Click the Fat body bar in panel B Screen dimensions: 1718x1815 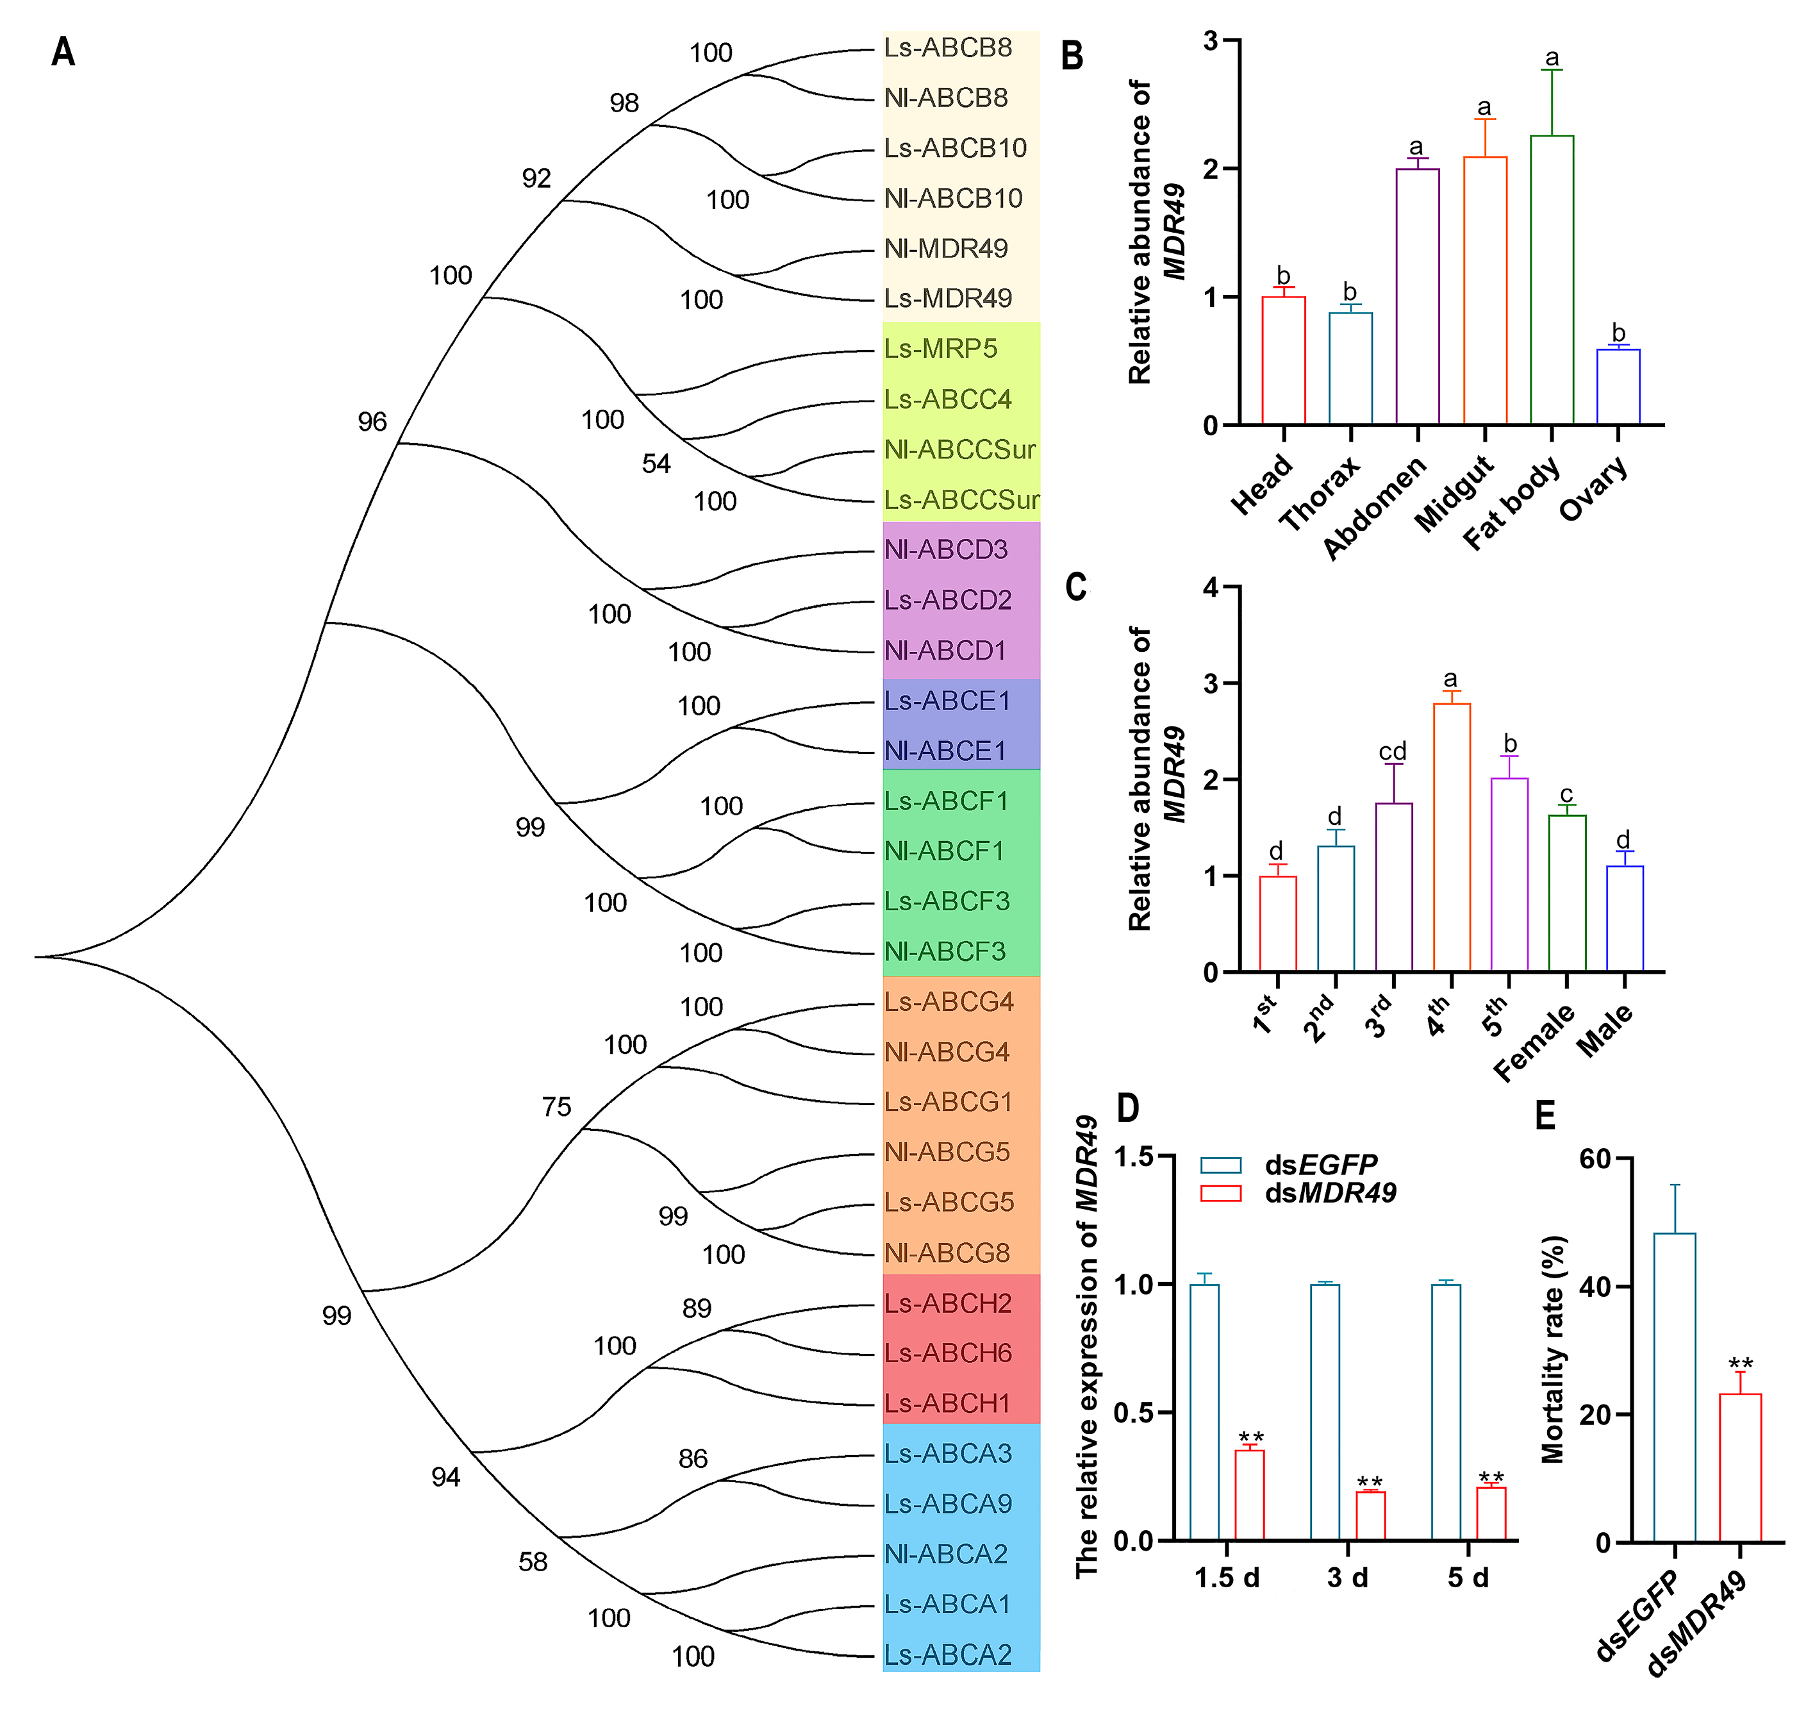[1551, 279]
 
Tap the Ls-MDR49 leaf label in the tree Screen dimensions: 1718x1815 [948, 299]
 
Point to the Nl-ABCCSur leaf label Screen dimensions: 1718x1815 [959, 449]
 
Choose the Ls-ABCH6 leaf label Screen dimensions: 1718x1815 [948, 1353]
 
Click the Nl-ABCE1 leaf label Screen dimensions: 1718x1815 [945, 751]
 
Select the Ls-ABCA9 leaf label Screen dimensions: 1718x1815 [948, 1504]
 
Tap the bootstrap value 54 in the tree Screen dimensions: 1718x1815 [656, 464]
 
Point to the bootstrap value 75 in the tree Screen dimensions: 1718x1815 [556, 1107]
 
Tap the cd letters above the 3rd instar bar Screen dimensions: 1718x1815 [1392, 752]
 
